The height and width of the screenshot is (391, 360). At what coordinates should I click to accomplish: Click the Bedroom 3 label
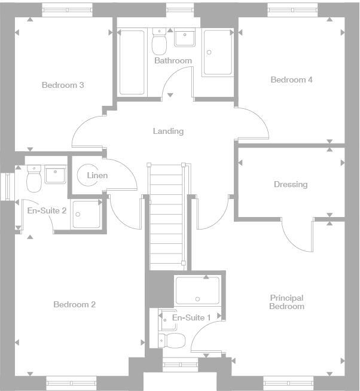coord(62,85)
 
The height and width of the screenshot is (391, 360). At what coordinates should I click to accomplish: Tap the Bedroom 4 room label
coord(291,80)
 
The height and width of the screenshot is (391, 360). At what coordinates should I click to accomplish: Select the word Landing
coord(168,131)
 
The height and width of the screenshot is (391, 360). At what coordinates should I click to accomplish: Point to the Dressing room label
coord(291,184)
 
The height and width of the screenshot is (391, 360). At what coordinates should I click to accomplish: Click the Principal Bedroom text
coord(286,302)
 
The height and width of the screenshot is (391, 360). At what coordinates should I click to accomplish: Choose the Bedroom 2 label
coord(74,304)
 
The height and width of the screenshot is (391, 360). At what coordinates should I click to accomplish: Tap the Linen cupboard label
coord(97,175)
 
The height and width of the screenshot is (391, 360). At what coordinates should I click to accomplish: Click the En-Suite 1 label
coord(191,317)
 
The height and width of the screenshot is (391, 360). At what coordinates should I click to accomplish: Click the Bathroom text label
coord(173,60)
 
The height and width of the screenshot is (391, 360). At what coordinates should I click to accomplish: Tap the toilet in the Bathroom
coord(160,42)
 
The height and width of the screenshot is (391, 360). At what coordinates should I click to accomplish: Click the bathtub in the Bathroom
coord(132,62)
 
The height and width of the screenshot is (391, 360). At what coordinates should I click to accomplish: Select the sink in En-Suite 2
coord(56,175)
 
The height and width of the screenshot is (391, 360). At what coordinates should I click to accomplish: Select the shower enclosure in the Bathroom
coord(217,53)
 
